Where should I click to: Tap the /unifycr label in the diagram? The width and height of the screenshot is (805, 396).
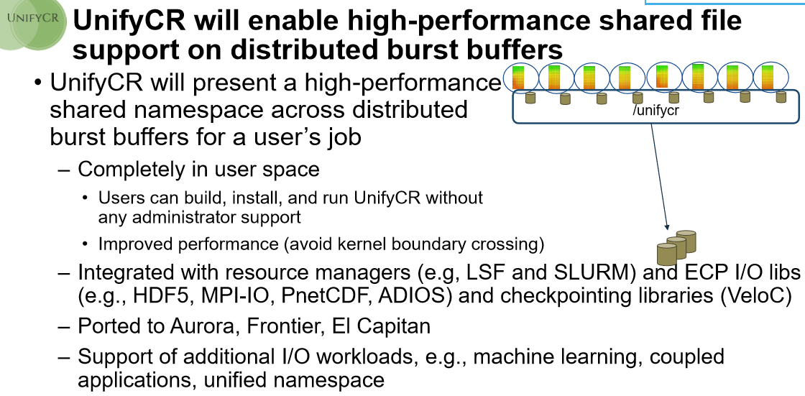pyautogui.click(x=655, y=109)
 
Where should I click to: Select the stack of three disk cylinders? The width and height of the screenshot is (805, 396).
pyautogui.click(x=676, y=247)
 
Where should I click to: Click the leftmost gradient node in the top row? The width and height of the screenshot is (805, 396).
pyautogui.click(x=520, y=78)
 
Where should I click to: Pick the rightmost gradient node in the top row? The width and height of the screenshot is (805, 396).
pyautogui.click(x=770, y=78)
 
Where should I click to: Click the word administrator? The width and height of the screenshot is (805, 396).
pyautogui.click(x=182, y=217)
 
